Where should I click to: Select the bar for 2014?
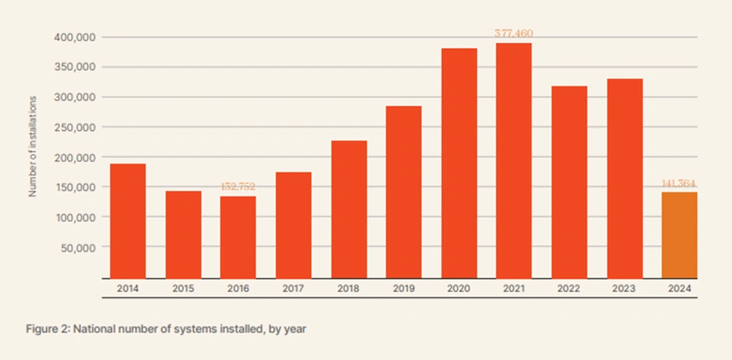pyautogui.click(x=128, y=221)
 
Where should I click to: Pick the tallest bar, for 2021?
pyautogui.click(x=514, y=161)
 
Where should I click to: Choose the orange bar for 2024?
pyautogui.click(x=679, y=235)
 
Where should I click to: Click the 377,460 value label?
pyautogui.click(x=514, y=34)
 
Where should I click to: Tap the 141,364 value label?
pyautogui.click(x=679, y=183)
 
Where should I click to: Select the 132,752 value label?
pyautogui.click(x=238, y=187)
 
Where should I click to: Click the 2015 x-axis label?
pyautogui.click(x=183, y=289)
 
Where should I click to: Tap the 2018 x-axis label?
pyautogui.click(x=348, y=289)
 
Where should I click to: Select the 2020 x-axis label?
pyautogui.click(x=459, y=289)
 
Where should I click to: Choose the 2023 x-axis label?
pyautogui.click(x=624, y=289)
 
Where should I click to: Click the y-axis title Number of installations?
pyautogui.click(x=33, y=146)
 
